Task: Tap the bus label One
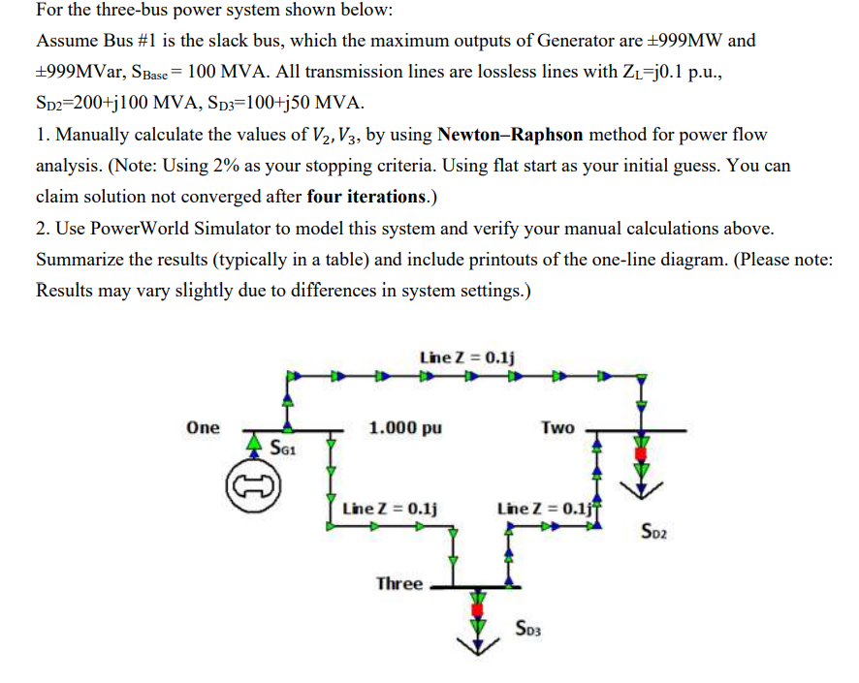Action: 204,427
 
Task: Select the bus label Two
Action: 557,427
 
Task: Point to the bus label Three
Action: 399,583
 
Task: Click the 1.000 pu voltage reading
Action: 405,427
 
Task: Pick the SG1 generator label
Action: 283,449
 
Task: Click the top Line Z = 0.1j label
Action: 467,357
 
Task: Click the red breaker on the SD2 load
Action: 639,452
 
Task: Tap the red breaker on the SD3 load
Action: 476,609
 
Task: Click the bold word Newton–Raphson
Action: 509,134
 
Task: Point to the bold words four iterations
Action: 366,197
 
